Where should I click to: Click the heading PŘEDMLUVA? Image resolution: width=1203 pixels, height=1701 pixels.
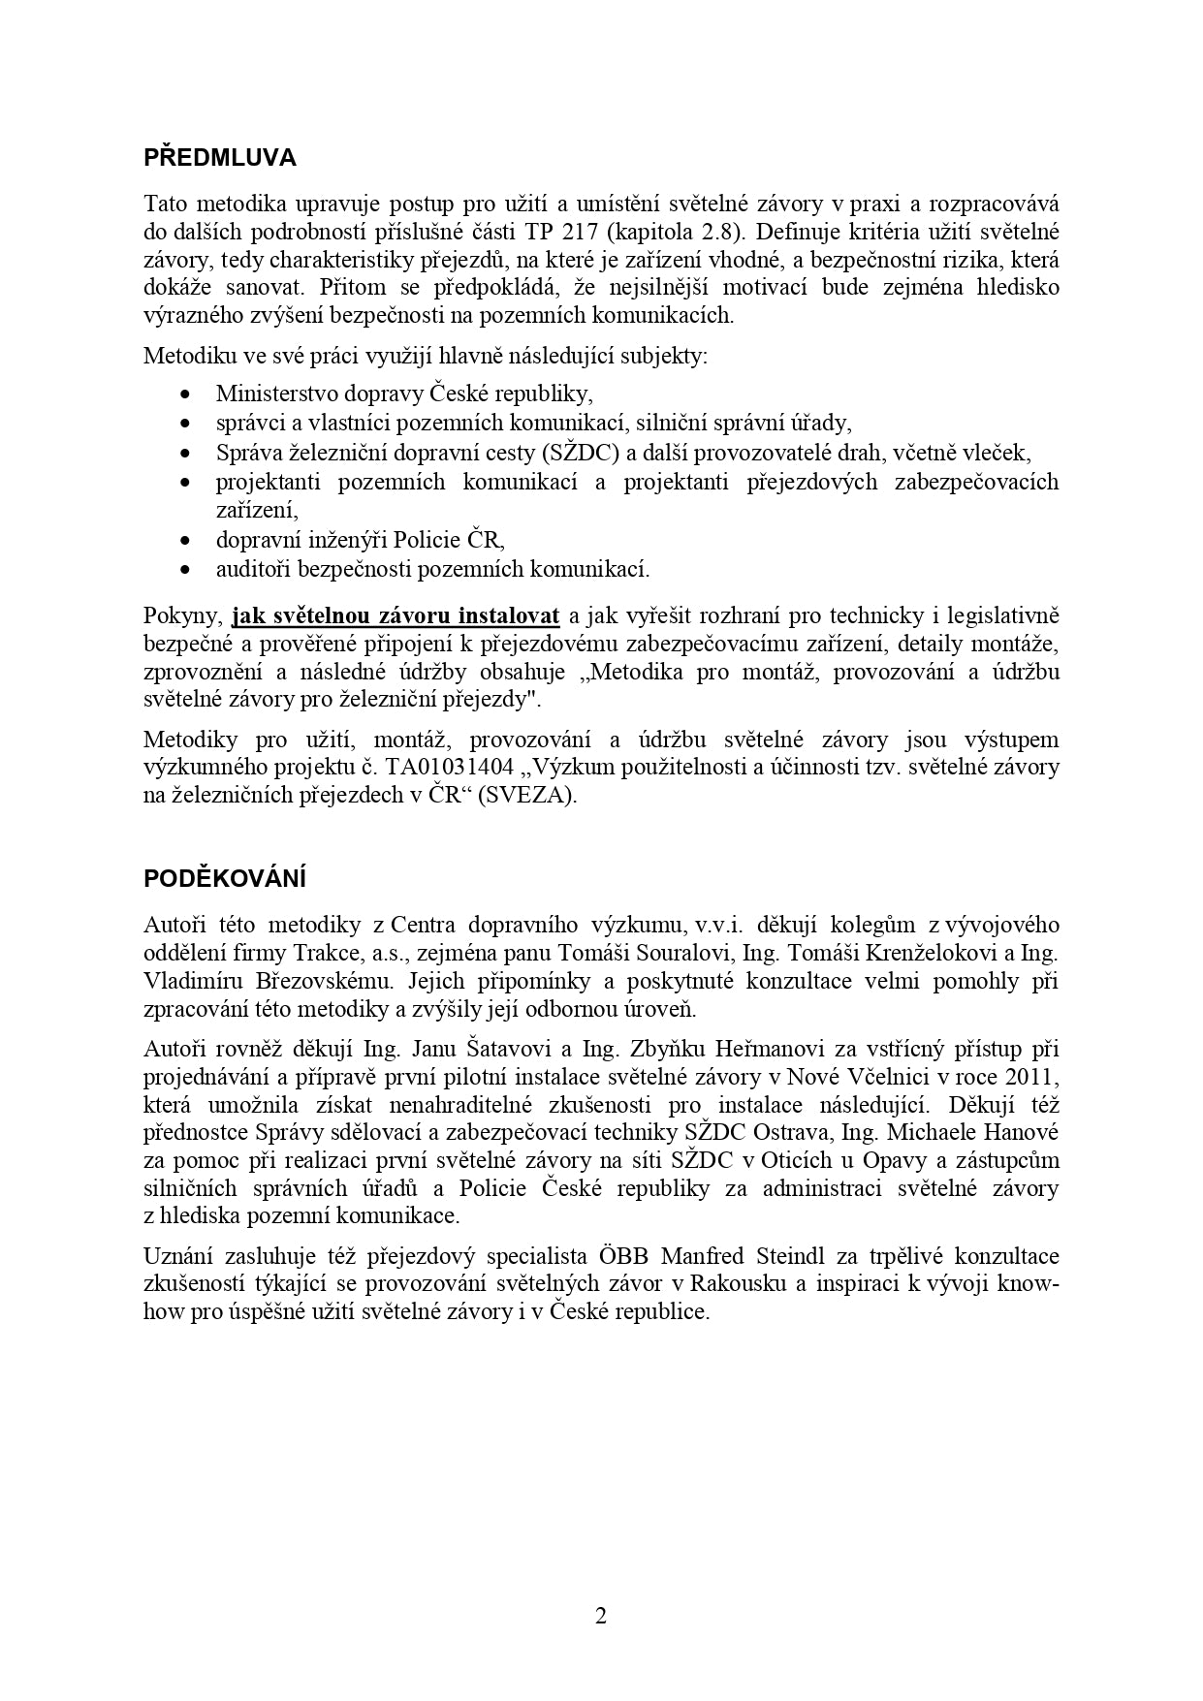[x=220, y=158]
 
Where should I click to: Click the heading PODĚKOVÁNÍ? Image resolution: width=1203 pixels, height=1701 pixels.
[x=225, y=879]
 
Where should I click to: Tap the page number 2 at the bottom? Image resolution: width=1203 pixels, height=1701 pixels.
[x=601, y=1616]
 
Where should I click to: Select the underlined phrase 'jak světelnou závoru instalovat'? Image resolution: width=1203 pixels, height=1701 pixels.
[x=396, y=616]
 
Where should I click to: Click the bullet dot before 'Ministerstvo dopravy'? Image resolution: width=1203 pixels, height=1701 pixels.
[x=185, y=394]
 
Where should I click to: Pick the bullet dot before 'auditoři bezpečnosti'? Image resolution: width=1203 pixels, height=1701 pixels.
[x=185, y=570]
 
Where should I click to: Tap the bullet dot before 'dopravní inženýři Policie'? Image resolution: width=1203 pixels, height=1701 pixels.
[x=185, y=541]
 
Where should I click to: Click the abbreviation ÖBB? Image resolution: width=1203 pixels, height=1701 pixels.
[x=623, y=1257]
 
